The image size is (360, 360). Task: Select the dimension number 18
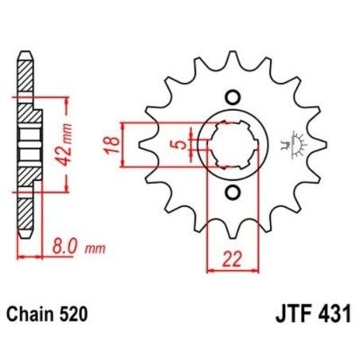pyautogui.click(x=112, y=146)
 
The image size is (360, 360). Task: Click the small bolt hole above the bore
pyautogui.click(x=232, y=98)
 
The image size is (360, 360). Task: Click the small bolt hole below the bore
pyautogui.click(x=232, y=192)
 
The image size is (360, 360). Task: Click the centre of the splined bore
pyautogui.click(x=232, y=145)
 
